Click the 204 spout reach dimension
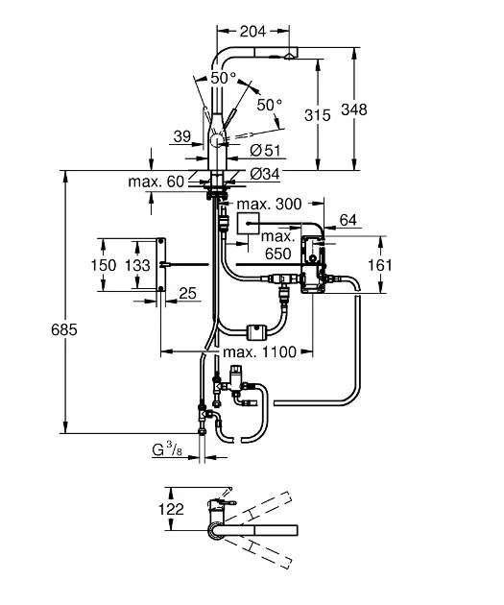[x=252, y=31]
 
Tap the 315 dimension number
[x=318, y=114]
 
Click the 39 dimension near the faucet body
[x=182, y=138]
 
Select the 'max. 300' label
[x=269, y=204]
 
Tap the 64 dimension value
[x=348, y=220]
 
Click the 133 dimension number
[x=136, y=264]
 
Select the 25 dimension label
[x=188, y=293]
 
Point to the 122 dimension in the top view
[x=172, y=509]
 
